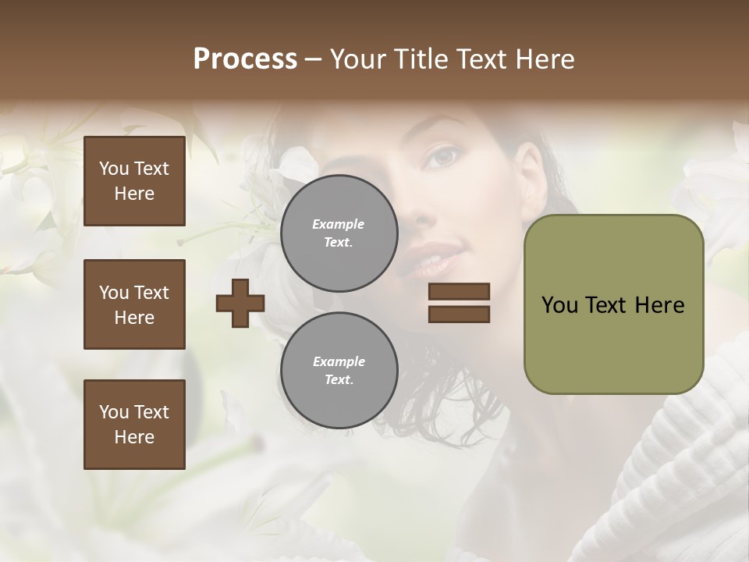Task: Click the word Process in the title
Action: tap(245, 59)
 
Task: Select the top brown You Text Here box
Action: tap(134, 181)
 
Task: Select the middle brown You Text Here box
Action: tap(134, 304)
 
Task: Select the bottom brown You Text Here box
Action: tap(134, 424)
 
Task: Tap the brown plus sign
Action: tap(240, 303)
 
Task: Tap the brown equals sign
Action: tap(459, 303)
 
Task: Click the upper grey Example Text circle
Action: tap(339, 233)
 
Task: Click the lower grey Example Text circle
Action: tap(339, 371)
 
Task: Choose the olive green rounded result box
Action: tap(613, 304)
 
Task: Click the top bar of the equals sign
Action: tap(459, 291)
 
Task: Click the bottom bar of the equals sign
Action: tap(459, 314)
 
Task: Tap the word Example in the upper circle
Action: tap(339, 224)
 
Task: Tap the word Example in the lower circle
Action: tap(339, 361)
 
